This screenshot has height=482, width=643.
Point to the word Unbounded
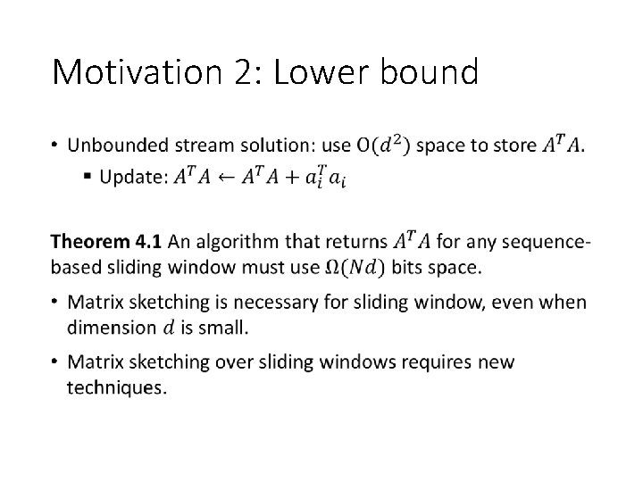coord(117,144)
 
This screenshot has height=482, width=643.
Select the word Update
coord(131,177)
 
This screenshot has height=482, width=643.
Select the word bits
coord(413,266)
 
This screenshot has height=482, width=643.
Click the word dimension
coord(112,328)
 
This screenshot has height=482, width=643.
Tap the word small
coord(226,328)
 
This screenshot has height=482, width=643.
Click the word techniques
coord(116,388)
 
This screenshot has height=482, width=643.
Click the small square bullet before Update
coord(87,177)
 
